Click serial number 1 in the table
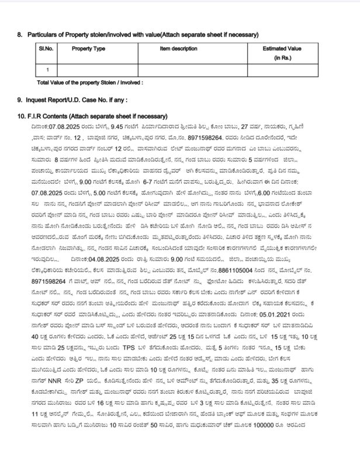pos(47,70)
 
